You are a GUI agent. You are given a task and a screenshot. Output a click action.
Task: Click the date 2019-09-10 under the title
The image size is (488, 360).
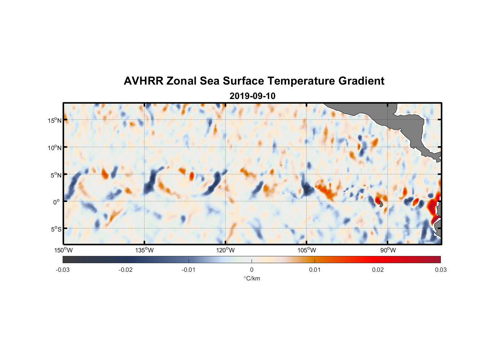click(x=252, y=96)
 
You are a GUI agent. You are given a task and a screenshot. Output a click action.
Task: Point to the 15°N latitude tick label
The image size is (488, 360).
click(x=55, y=120)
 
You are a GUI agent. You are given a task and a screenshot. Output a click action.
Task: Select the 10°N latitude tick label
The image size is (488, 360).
click(x=55, y=148)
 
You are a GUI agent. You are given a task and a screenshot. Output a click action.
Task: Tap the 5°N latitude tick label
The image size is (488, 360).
click(x=56, y=175)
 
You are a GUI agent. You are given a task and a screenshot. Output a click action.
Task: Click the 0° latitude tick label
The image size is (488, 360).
click(x=57, y=202)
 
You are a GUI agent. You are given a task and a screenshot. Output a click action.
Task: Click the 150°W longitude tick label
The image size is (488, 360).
click(x=63, y=250)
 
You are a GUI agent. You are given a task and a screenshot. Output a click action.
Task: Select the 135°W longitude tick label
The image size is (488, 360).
click(x=144, y=250)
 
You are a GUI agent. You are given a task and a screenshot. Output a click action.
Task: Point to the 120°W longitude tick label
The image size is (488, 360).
click(x=225, y=250)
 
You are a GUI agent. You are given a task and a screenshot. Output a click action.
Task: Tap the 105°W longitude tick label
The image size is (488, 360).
click(x=307, y=250)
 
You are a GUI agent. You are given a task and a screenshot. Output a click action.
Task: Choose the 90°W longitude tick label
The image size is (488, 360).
click(x=388, y=250)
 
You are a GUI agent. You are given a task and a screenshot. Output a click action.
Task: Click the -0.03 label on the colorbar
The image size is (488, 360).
click(x=63, y=270)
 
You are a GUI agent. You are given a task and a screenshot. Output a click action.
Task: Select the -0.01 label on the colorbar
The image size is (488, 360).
click(x=189, y=270)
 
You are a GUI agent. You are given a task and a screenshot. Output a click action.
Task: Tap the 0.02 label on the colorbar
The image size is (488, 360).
click(x=378, y=270)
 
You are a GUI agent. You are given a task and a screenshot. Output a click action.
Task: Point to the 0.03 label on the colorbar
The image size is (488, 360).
click(x=440, y=270)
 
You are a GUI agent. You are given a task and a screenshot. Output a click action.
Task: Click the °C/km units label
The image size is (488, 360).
click(x=252, y=278)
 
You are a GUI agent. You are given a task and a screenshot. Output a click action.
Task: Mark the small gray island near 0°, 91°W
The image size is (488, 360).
click(x=381, y=204)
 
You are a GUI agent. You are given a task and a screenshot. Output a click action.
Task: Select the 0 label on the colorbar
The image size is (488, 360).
click(x=252, y=270)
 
